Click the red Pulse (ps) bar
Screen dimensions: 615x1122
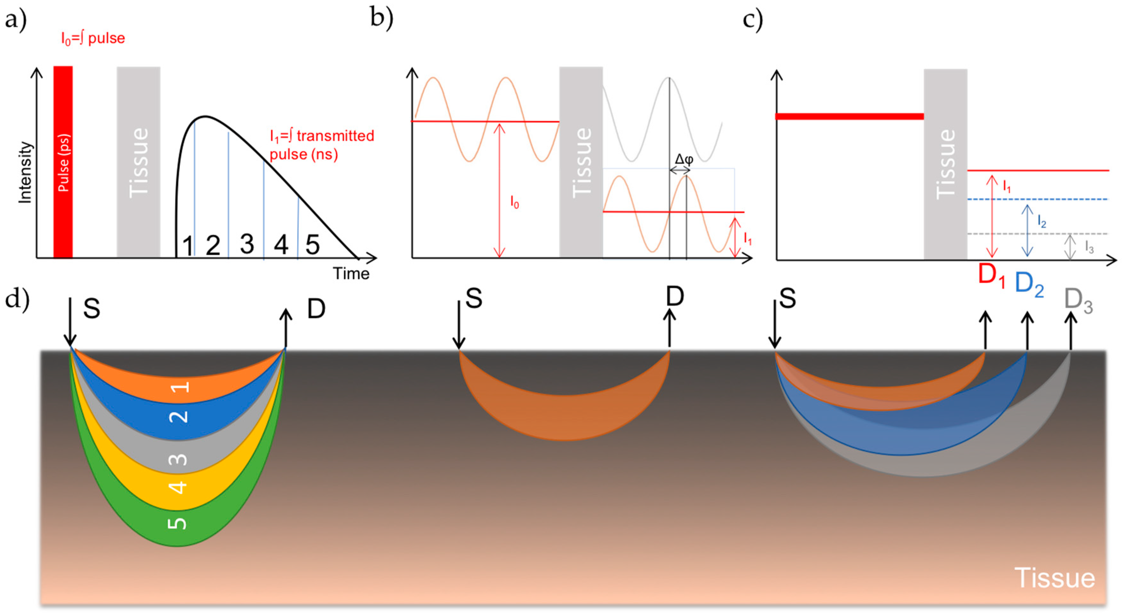click(x=63, y=161)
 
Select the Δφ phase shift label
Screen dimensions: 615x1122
click(x=684, y=160)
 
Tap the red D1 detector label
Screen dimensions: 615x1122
click(x=992, y=276)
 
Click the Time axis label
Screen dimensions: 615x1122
click(x=351, y=274)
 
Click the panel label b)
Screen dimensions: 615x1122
click(x=381, y=18)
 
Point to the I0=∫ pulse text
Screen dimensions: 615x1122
click(x=93, y=38)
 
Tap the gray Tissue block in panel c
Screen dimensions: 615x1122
click(x=945, y=165)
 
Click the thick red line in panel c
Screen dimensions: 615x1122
click(x=849, y=116)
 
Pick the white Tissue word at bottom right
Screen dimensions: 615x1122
click(x=1055, y=578)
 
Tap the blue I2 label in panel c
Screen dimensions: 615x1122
click(x=1041, y=222)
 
